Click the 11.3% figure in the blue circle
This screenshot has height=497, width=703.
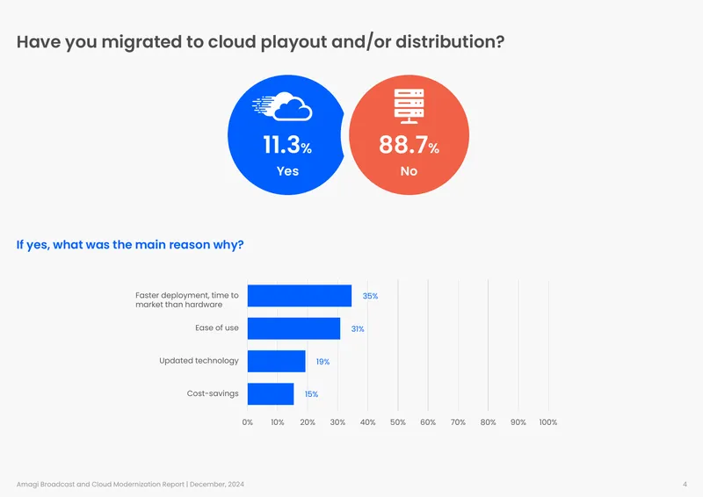click(x=287, y=145)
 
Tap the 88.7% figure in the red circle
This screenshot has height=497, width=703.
click(x=409, y=145)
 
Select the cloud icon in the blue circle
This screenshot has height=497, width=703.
click(x=282, y=106)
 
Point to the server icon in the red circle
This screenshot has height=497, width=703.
click(x=409, y=105)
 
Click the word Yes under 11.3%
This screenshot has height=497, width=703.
click(x=287, y=171)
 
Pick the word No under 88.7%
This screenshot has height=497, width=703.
click(x=409, y=171)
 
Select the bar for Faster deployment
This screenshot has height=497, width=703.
click(x=300, y=296)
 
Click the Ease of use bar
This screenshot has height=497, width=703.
click(x=294, y=328)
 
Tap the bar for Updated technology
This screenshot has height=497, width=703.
click(x=276, y=361)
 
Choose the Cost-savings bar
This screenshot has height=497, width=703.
click(x=271, y=394)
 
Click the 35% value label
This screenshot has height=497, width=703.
click(x=370, y=296)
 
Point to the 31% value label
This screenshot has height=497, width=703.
click(x=358, y=329)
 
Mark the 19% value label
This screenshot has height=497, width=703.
click(x=323, y=362)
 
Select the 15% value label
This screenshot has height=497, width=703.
click(x=311, y=394)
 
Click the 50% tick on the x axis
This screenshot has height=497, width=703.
click(x=398, y=422)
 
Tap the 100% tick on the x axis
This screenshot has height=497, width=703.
click(x=547, y=422)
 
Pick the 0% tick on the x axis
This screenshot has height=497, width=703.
click(x=248, y=422)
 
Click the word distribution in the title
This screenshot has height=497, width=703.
click(x=450, y=41)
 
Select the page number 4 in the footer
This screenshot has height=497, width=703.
click(x=685, y=484)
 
